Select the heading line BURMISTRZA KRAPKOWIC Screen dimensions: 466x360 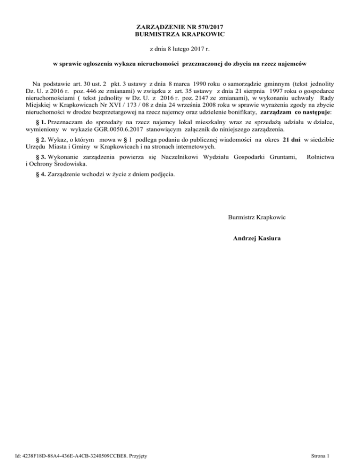[180, 34]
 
